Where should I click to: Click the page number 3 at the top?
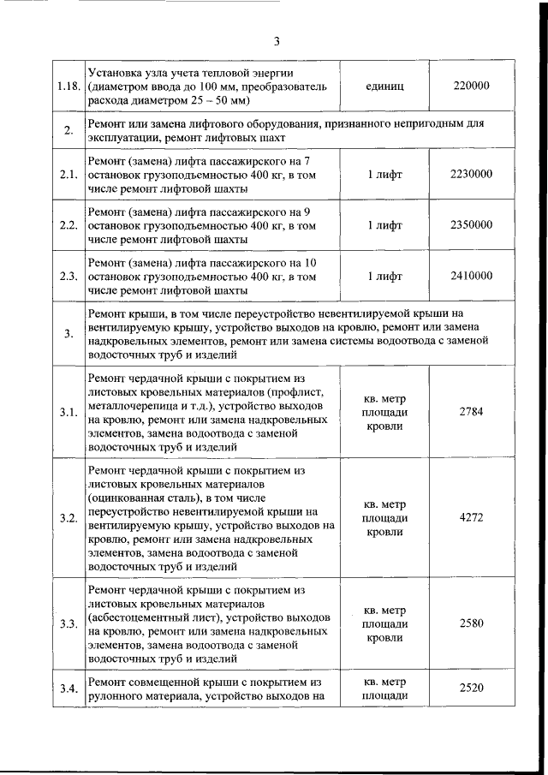pyautogui.click(x=277, y=41)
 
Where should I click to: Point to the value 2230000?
pyautogui.click(x=470, y=174)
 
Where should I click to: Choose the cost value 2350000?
pyautogui.click(x=470, y=224)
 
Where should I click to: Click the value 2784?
pyautogui.click(x=471, y=412)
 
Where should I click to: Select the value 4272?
pyautogui.click(x=471, y=518)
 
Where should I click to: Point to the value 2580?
pyautogui.click(x=471, y=623)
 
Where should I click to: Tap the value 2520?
pyautogui.click(x=471, y=688)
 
